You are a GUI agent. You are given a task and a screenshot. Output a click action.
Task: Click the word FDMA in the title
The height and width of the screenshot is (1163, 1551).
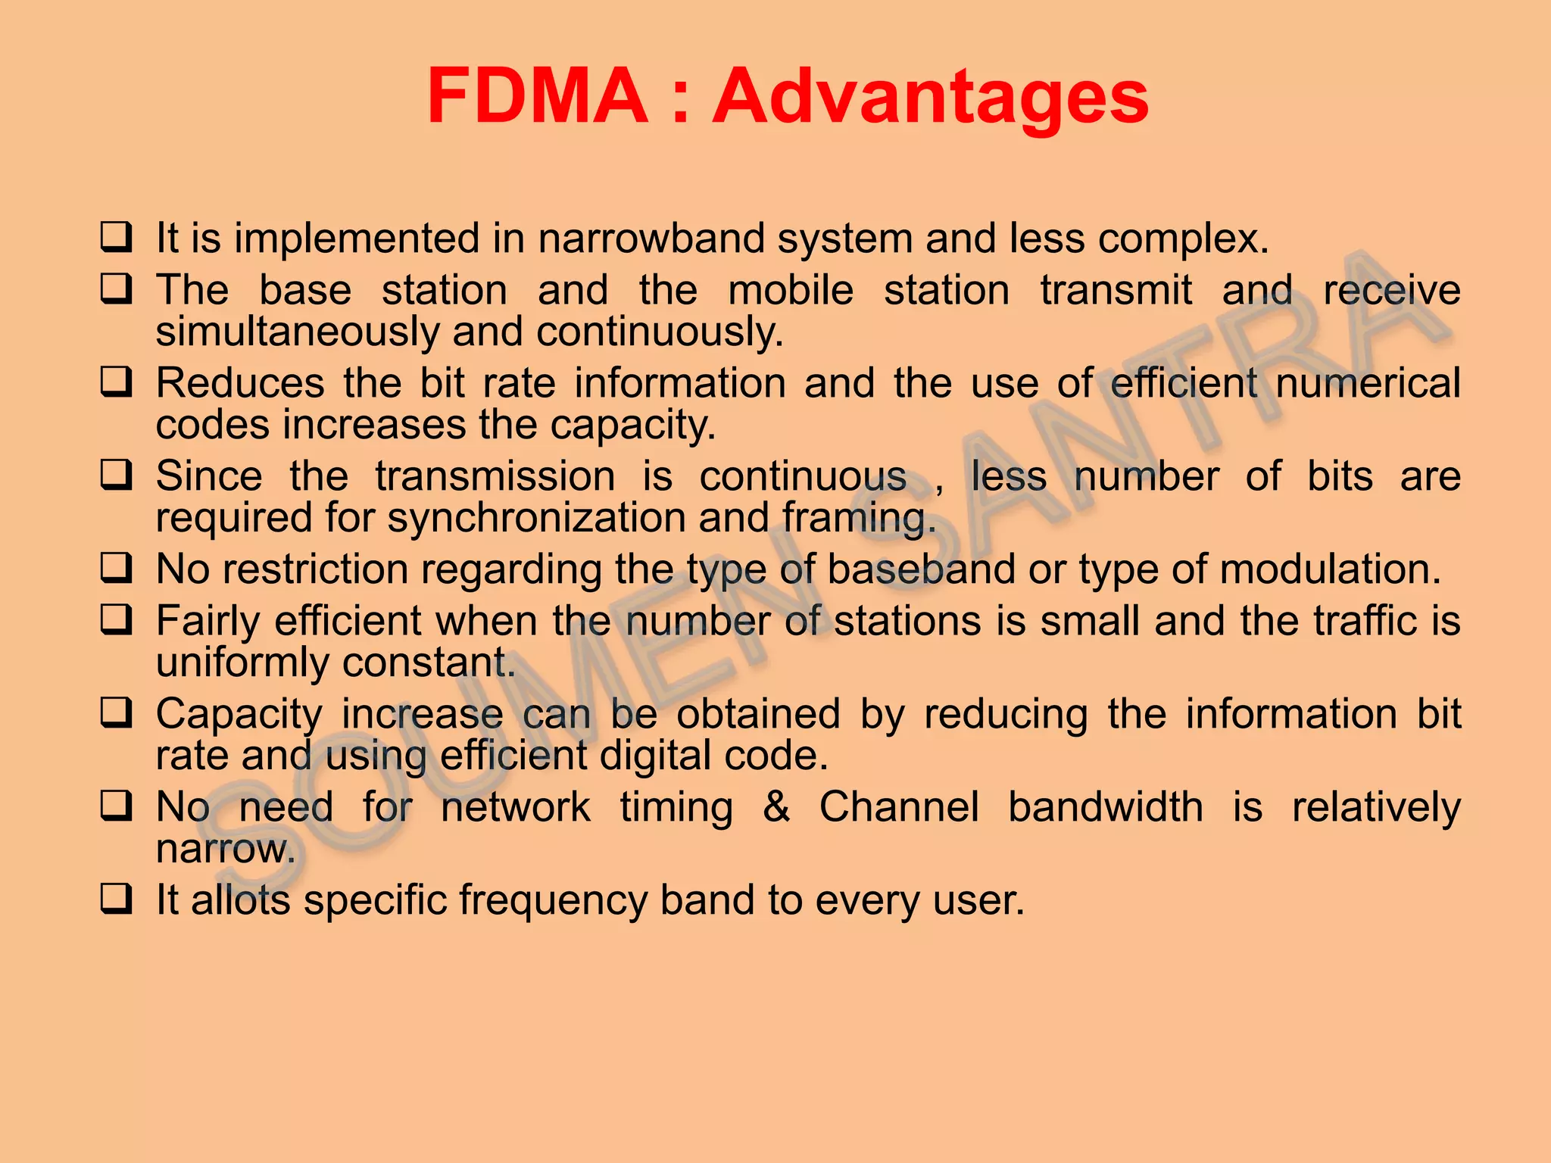tap(538, 96)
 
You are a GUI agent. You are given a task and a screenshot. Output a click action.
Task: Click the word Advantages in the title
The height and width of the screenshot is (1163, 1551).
tap(931, 96)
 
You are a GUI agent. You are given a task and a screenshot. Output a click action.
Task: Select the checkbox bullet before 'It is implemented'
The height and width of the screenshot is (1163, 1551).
tap(117, 237)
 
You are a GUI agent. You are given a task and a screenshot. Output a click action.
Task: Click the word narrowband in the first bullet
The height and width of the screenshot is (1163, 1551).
tap(651, 238)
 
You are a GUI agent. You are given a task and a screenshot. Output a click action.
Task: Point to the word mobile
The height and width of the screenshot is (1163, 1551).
tap(791, 290)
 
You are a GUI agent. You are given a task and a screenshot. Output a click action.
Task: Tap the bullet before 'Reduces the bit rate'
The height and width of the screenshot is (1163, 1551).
tap(117, 382)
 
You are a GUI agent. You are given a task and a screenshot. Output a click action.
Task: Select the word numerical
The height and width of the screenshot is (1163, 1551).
tap(1368, 382)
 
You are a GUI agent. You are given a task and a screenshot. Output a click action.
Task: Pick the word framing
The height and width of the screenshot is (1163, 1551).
tap(859, 518)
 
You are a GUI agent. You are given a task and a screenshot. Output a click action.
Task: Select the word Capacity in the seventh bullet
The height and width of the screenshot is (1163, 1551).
tap(239, 714)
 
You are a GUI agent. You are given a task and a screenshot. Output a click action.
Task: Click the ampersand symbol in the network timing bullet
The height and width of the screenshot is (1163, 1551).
tap(776, 806)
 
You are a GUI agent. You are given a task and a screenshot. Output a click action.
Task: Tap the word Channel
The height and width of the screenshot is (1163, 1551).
tap(899, 806)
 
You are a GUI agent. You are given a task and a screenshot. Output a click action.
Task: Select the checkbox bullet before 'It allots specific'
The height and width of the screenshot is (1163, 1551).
tap(117, 900)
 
